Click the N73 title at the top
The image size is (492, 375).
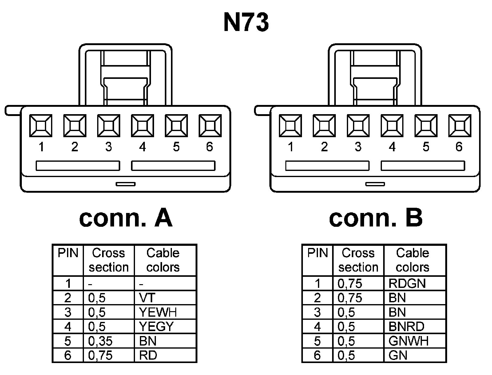click(x=246, y=23)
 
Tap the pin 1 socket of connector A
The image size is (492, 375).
click(x=41, y=126)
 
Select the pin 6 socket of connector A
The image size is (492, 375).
click(x=210, y=126)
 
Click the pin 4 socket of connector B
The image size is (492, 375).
click(x=392, y=126)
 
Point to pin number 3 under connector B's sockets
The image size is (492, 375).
click(x=358, y=147)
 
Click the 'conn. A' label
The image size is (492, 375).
click(x=126, y=218)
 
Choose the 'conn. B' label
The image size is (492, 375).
click(x=375, y=218)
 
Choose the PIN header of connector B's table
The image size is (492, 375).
click(x=317, y=253)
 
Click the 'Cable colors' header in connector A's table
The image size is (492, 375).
click(x=163, y=260)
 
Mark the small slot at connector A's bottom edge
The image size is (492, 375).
click(x=125, y=184)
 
